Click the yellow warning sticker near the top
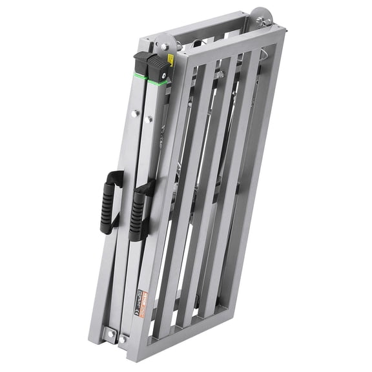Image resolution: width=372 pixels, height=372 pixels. (x=170, y=60)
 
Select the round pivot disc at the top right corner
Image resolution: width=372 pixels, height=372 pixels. (x=261, y=16)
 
